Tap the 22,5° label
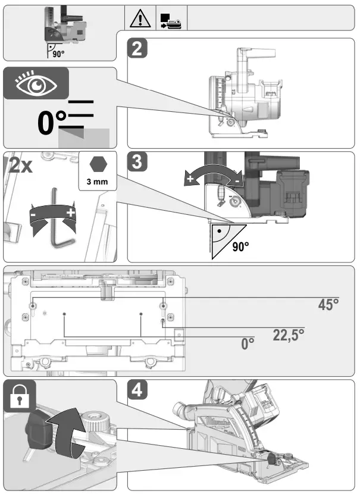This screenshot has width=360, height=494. point(289,334)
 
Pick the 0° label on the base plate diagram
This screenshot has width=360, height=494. point(248,344)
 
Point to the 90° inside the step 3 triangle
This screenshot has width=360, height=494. point(239,245)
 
